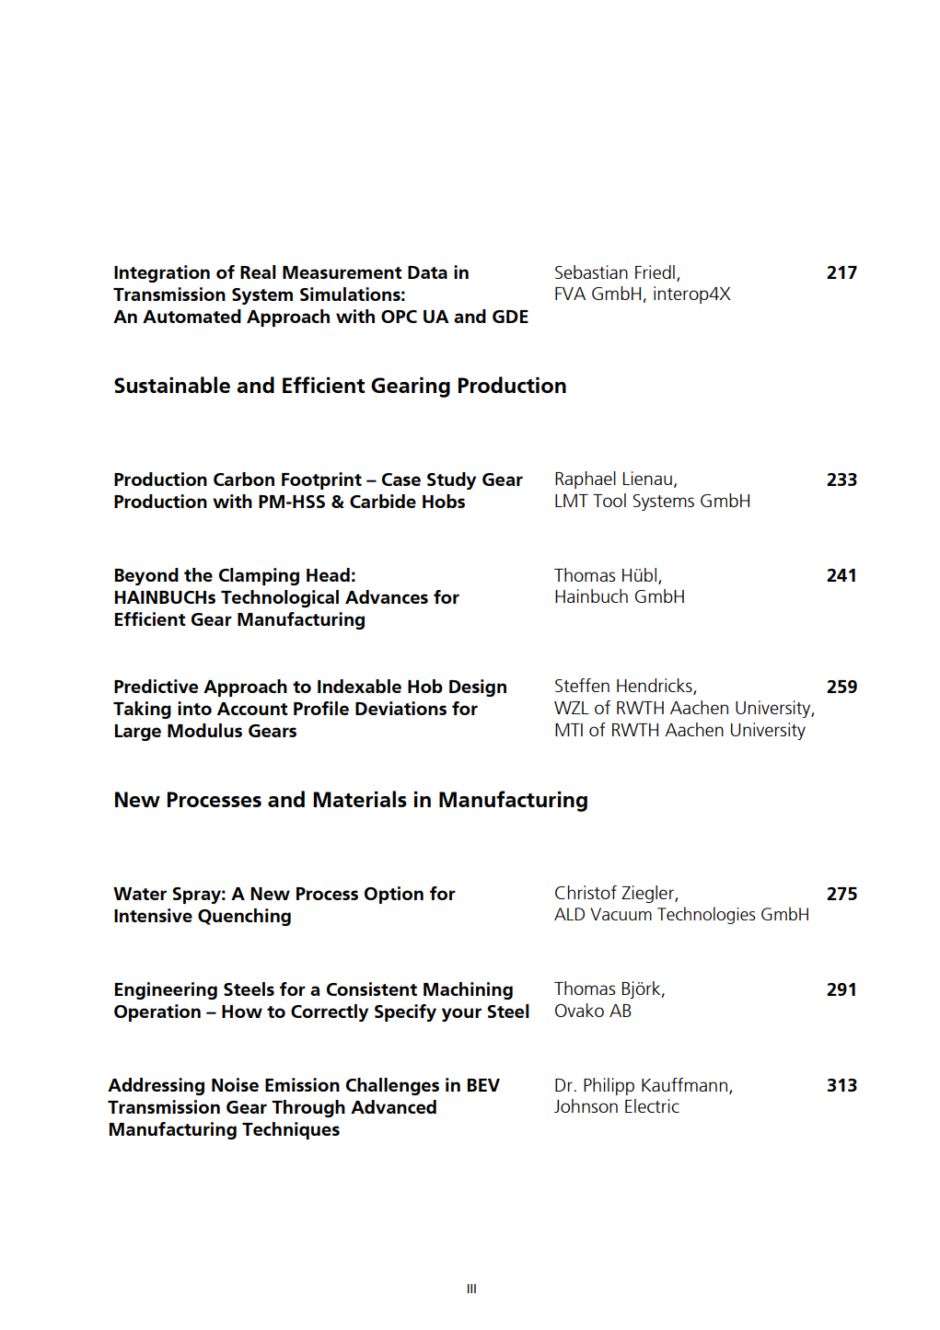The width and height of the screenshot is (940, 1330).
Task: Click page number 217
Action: (841, 273)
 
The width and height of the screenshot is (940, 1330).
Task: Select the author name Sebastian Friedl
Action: (616, 273)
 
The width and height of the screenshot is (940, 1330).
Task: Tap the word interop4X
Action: (691, 295)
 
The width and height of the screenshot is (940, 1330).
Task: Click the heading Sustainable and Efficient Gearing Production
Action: (340, 387)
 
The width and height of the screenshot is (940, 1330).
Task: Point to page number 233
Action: (841, 480)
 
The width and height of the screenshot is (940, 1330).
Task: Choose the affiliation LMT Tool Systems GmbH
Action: (652, 502)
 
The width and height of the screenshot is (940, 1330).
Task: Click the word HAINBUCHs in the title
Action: (165, 598)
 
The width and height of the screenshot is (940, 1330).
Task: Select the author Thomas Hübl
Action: (608, 576)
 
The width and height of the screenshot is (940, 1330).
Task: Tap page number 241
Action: (841, 576)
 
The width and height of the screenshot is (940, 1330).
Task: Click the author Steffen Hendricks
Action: (625, 687)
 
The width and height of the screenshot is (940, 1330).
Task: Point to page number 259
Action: (841, 688)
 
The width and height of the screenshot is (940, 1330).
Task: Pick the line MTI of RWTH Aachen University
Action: (679, 731)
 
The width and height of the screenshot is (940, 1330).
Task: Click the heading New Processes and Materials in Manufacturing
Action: (351, 801)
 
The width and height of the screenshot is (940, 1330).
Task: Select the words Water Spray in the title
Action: (168, 895)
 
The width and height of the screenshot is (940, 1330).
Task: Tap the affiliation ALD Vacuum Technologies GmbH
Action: (681, 915)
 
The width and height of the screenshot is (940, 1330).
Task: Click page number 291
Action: (841, 990)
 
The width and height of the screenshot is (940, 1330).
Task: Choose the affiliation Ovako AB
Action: (593, 1012)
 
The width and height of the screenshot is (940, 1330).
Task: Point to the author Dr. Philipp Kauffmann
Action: (643, 1086)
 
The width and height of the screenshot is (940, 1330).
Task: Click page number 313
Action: (841, 1086)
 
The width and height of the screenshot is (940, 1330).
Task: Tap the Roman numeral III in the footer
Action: (471, 1290)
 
